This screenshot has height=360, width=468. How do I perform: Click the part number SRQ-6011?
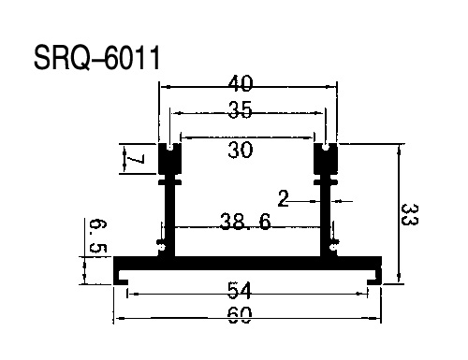(x=97, y=58)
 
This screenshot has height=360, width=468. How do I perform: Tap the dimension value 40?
(x=240, y=83)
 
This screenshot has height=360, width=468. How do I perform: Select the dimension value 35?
(x=240, y=109)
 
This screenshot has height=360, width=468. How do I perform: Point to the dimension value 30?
(x=240, y=150)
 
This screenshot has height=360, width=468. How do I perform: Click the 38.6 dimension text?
(x=245, y=222)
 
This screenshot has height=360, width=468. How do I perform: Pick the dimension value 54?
(x=240, y=290)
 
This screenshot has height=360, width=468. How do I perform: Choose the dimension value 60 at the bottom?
(x=240, y=315)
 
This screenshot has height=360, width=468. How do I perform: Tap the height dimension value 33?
(x=409, y=214)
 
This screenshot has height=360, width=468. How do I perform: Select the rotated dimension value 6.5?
(x=98, y=236)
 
